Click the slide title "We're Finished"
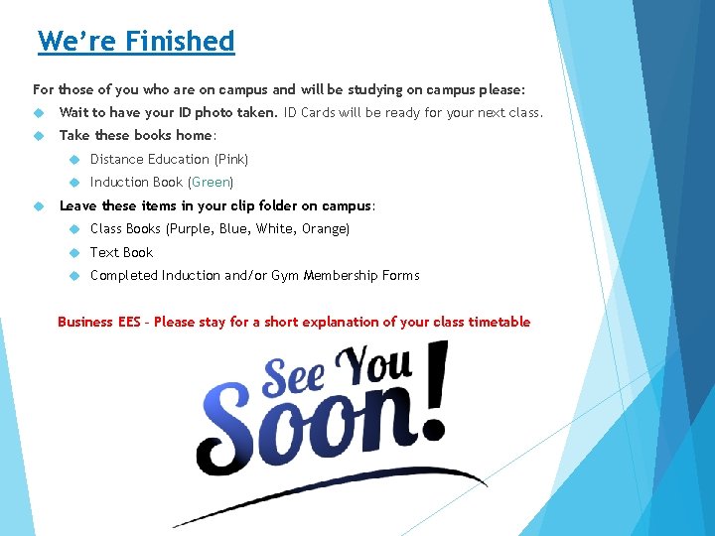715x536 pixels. coord(136,42)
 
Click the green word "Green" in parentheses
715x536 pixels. coord(211,183)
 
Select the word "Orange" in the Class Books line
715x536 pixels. coord(324,229)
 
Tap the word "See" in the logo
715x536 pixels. coord(294,378)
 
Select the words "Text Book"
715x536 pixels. coord(121,252)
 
